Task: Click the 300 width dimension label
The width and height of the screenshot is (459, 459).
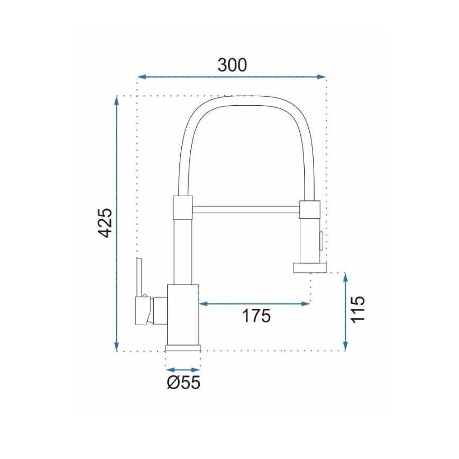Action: coord(232,65)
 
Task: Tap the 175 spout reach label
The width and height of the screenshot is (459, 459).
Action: coord(256,315)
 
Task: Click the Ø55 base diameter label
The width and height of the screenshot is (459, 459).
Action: coord(183,382)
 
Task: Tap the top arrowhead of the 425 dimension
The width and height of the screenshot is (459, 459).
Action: coord(117,100)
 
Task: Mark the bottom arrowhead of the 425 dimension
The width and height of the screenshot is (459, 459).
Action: coord(117,346)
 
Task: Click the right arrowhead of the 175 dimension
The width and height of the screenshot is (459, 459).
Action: coord(306,304)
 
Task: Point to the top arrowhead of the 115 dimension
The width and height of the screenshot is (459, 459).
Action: coord(345,277)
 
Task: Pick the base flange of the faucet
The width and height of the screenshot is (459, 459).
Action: coord(183,348)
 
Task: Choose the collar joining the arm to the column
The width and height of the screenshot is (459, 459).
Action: coord(182,206)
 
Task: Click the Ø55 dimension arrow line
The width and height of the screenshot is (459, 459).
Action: coord(183,370)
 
